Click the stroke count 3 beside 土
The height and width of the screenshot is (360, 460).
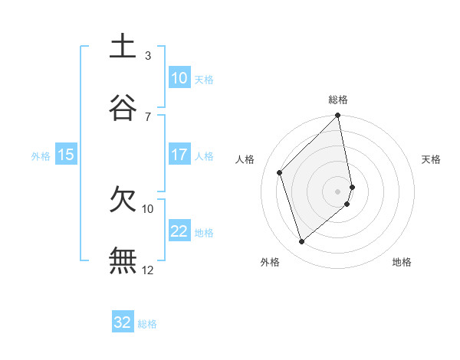(148, 55)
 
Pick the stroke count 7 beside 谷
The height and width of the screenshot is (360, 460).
(148, 116)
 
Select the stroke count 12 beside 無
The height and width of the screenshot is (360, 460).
(148, 270)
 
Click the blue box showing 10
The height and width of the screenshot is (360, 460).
(179, 78)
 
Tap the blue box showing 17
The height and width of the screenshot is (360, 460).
(179, 155)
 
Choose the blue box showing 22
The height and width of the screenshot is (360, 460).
(179, 231)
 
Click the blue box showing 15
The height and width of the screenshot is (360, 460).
(66, 155)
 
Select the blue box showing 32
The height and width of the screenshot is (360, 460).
(123, 322)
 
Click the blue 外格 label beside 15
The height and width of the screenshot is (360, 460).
(41, 155)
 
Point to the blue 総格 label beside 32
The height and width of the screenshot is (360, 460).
(147, 324)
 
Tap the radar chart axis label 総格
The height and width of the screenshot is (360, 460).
(338, 100)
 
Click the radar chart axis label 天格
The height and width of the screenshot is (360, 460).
(432, 159)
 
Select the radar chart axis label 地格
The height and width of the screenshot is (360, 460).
(402, 262)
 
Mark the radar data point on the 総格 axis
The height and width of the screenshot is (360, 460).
(338, 116)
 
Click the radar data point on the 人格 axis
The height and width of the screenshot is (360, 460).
(280, 172)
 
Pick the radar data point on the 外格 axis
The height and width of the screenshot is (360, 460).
(302, 242)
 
